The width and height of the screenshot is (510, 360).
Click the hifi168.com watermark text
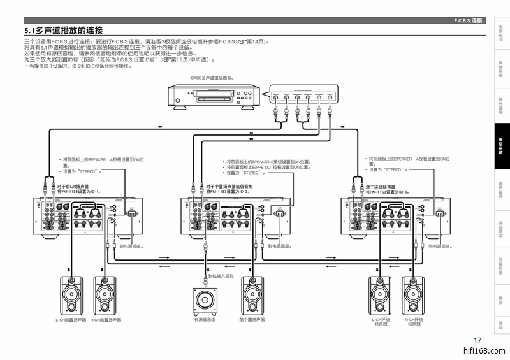(x=484, y=351)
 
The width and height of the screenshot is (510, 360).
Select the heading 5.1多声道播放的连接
(x=64, y=31)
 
